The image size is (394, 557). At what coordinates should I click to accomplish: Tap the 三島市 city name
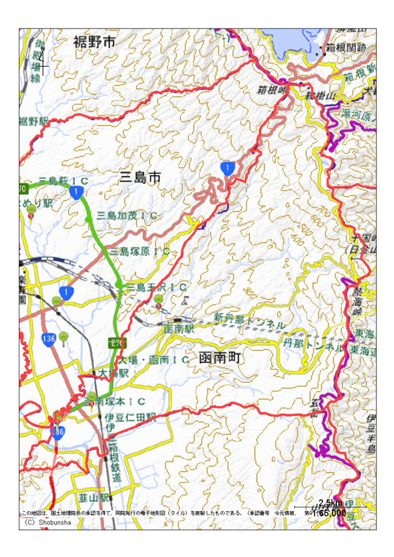(140, 178)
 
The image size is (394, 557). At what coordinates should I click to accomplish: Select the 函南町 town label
(220, 358)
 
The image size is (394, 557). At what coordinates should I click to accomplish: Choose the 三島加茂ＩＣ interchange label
(126, 215)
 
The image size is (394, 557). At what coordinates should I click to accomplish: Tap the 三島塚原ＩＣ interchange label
(140, 251)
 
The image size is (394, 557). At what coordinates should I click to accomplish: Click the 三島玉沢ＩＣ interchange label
(156, 286)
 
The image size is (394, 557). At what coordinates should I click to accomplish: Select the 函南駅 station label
(179, 329)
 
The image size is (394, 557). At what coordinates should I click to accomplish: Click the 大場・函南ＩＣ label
(154, 360)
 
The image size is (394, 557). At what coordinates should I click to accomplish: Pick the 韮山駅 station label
(95, 498)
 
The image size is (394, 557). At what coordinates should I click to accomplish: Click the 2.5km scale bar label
(330, 502)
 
